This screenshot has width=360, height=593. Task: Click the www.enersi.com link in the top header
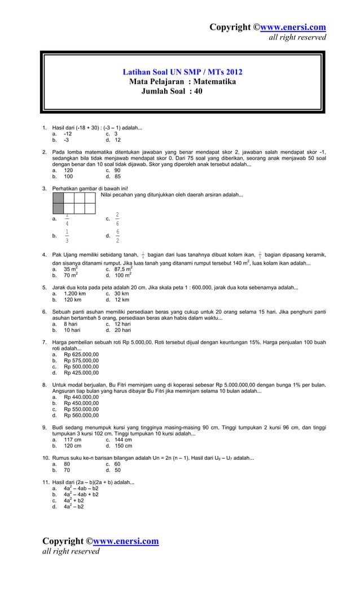[292, 27]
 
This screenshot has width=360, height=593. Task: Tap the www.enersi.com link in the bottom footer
[125, 541]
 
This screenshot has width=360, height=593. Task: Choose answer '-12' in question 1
[67, 134]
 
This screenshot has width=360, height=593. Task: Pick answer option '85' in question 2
[117, 176]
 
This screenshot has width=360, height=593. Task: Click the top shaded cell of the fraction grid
[58, 197]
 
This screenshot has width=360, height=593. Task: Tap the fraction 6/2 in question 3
[117, 236]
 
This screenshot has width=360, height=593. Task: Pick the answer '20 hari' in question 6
[122, 330]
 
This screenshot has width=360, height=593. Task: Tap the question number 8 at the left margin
[45, 385]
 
